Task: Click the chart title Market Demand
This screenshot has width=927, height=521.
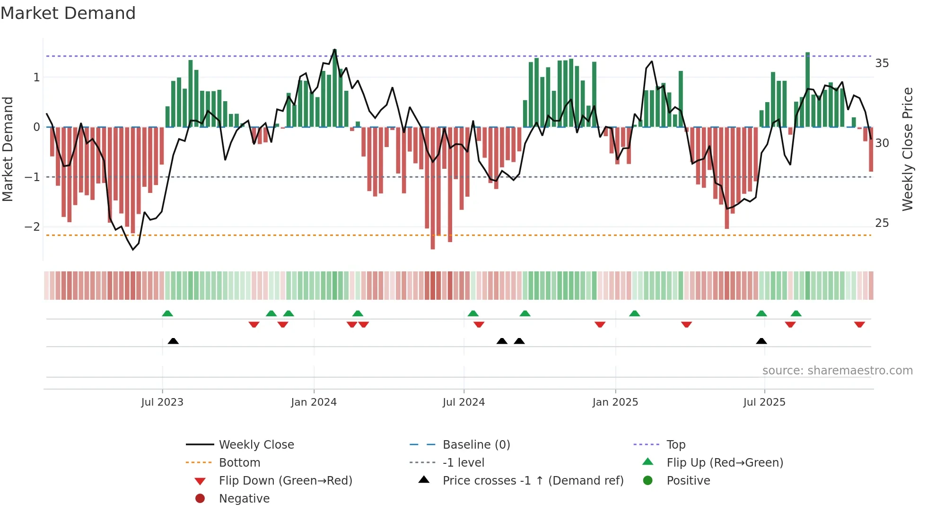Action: (x=68, y=13)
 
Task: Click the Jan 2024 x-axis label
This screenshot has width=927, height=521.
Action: (x=314, y=402)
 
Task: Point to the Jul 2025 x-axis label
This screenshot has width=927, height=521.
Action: (x=764, y=402)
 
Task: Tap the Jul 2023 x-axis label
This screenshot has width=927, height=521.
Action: (x=162, y=402)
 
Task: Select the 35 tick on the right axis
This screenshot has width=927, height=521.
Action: (x=882, y=63)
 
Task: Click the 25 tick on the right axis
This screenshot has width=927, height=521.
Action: (x=882, y=223)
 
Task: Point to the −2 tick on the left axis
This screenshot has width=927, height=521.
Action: (x=32, y=227)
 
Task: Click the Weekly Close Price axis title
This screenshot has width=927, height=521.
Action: (x=907, y=149)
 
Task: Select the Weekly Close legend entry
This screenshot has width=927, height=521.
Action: (x=256, y=445)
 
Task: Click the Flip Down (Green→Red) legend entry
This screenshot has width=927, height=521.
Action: (x=285, y=481)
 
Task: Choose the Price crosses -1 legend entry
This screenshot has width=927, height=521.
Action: (x=533, y=481)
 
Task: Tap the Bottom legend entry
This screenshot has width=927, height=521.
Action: (x=239, y=463)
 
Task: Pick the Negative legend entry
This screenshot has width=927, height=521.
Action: (x=244, y=499)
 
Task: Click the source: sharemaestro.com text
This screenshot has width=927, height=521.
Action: (x=837, y=371)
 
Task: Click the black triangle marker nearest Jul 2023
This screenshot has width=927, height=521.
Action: (x=173, y=341)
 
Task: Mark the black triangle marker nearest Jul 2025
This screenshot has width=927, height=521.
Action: (x=761, y=341)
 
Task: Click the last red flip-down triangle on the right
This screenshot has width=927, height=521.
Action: (x=859, y=325)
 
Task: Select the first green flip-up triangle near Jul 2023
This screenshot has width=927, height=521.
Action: (x=167, y=313)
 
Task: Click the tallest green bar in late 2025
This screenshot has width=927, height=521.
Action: (x=807, y=90)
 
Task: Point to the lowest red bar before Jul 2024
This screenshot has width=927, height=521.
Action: (x=433, y=189)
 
